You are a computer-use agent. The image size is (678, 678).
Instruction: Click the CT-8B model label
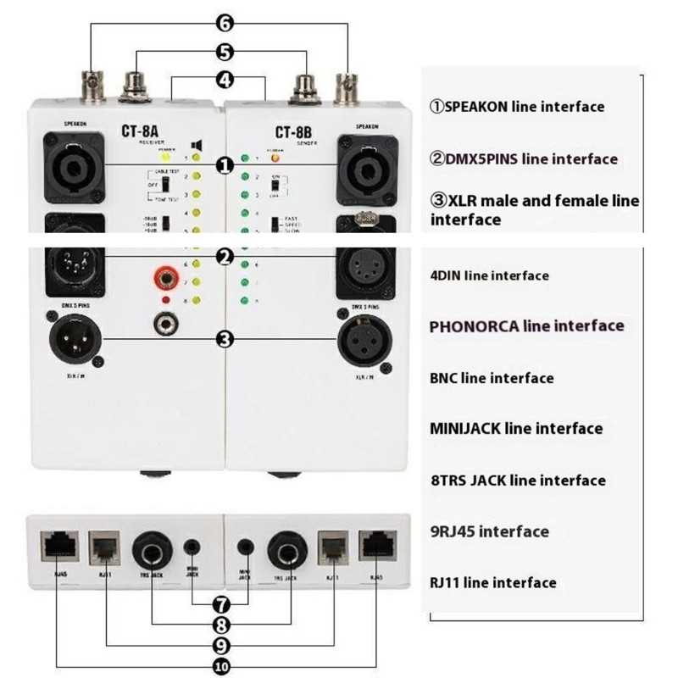295,132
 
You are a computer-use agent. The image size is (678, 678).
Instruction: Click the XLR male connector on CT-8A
73,339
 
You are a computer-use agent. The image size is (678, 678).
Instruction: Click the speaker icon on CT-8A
196,144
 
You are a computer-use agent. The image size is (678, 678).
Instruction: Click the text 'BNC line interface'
492,378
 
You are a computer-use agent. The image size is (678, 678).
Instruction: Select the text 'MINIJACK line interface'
516,429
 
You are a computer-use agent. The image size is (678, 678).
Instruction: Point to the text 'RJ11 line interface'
493,582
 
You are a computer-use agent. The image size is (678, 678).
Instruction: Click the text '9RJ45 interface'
489,531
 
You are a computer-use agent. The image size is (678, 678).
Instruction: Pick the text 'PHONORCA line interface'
526,326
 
